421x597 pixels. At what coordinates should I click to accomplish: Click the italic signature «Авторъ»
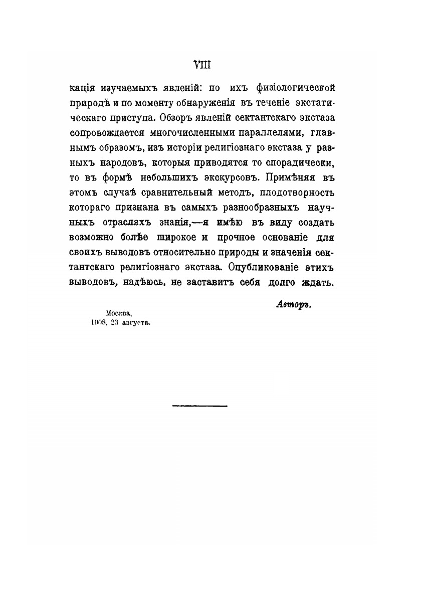click(x=293, y=305)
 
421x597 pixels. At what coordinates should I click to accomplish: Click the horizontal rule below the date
click(x=199, y=406)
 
